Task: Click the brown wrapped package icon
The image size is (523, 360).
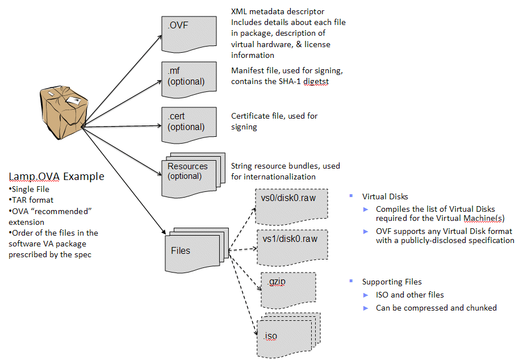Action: (x=64, y=112)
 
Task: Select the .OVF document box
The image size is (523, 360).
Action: (x=189, y=34)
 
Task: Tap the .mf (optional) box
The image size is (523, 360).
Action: (x=189, y=79)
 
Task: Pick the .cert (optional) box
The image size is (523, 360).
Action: (x=189, y=125)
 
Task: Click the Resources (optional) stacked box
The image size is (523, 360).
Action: (x=193, y=175)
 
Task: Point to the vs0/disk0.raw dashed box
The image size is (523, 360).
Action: (x=291, y=207)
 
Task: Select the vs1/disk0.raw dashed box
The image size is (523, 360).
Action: (x=292, y=248)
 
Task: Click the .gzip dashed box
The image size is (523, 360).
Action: (x=288, y=290)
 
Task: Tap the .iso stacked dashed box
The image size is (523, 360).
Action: (x=288, y=335)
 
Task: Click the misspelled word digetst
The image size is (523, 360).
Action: (x=316, y=82)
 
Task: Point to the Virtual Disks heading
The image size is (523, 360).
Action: (x=385, y=196)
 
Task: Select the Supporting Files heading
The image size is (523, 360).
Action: (x=392, y=282)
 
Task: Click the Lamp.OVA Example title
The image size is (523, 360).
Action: (x=56, y=177)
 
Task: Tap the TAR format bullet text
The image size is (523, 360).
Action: (x=32, y=200)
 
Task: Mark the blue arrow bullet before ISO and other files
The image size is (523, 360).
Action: (x=366, y=295)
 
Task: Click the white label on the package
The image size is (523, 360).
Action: (x=73, y=100)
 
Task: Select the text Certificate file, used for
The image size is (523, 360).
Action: (x=274, y=116)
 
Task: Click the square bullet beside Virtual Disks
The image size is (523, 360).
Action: (x=351, y=196)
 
